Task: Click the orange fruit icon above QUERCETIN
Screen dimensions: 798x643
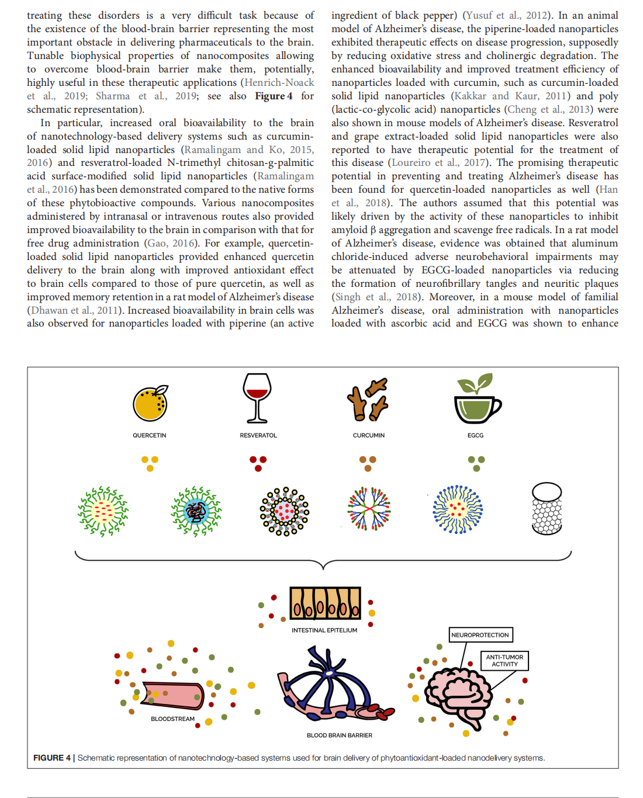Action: (150, 404)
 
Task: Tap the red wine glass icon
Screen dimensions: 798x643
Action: (257, 397)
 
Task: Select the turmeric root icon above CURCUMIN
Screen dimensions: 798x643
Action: (368, 400)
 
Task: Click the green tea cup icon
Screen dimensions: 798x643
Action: (476, 401)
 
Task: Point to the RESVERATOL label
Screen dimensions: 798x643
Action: (258, 435)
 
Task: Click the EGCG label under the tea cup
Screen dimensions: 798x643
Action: (475, 435)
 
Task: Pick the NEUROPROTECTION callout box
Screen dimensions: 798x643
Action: (480, 635)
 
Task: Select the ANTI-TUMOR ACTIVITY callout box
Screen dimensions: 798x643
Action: (504, 661)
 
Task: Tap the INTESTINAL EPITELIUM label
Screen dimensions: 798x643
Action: (324, 630)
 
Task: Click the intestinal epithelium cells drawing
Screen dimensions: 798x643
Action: (325, 603)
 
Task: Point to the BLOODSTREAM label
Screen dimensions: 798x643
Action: (172, 719)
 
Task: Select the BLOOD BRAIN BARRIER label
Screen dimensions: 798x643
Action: (339, 735)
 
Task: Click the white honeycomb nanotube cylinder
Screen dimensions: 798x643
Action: (547, 508)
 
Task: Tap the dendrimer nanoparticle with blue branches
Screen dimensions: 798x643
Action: (369, 509)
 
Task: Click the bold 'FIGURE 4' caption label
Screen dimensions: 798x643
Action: (51, 758)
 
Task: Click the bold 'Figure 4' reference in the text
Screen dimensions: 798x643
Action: (274, 96)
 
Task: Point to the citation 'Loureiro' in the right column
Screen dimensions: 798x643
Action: (411, 162)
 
